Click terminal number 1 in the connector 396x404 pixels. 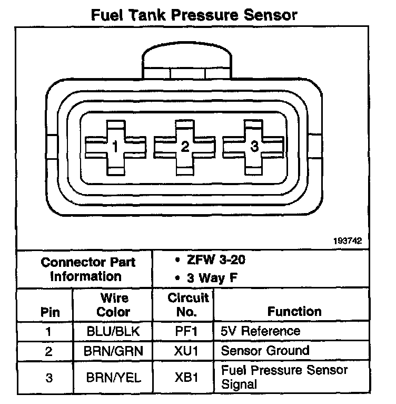(115, 147)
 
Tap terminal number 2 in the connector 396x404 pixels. (184, 147)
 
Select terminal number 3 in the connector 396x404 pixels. (254, 147)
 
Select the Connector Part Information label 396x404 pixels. (87, 269)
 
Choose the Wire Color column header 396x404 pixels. (113, 305)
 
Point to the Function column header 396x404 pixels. (294, 312)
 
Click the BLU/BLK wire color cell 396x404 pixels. (113, 332)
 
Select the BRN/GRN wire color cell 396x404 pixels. (113, 351)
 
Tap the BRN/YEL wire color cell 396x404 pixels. (113, 377)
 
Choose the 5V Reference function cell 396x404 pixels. (261, 332)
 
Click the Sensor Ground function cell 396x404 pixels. (265, 351)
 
